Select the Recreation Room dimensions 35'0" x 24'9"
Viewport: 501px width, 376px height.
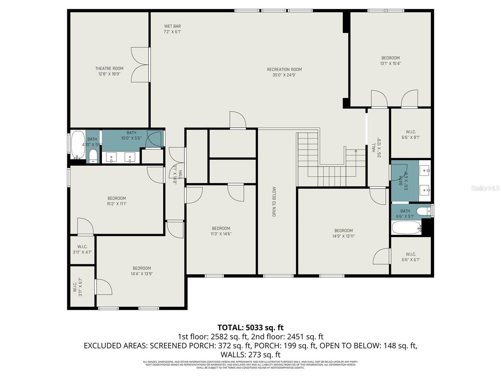[284, 75]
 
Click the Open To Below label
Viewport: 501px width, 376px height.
[274, 201]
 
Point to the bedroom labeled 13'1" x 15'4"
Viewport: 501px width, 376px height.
[390, 60]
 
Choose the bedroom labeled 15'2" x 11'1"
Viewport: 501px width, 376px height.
[117, 201]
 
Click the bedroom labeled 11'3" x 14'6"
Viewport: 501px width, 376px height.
[221, 231]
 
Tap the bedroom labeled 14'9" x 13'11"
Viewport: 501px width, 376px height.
[343, 233]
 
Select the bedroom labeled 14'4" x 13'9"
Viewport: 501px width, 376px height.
[142, 271]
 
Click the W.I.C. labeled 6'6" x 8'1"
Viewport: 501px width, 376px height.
[411, 134]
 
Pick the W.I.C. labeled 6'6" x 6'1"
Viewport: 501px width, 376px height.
[411, 257]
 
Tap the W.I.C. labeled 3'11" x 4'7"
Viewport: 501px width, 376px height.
[82, 249]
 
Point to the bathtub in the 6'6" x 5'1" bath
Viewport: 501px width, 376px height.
[406, 227]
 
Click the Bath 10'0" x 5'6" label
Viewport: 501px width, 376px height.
[131, 135]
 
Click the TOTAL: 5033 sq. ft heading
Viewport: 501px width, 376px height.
[250, 327]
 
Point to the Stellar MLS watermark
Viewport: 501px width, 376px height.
[485, 188]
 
